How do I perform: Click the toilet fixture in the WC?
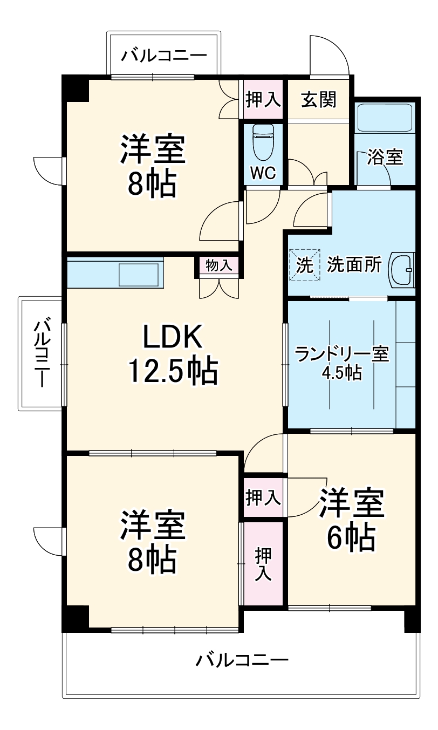click(263, 143)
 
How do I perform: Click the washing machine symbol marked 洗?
click(305, 266)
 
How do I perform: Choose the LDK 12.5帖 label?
click(173, 354)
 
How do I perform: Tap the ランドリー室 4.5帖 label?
click(342, 363)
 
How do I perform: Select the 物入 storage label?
click(219, 265)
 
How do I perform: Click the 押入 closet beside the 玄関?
click(263, 99)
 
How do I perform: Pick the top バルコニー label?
click(163, 56)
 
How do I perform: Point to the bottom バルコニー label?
click(242, 660)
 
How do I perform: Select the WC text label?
click(263, 173)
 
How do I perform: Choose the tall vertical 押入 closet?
click(263, 564)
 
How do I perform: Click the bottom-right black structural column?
click(412, 619)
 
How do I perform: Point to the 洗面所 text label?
click(354, 266)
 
